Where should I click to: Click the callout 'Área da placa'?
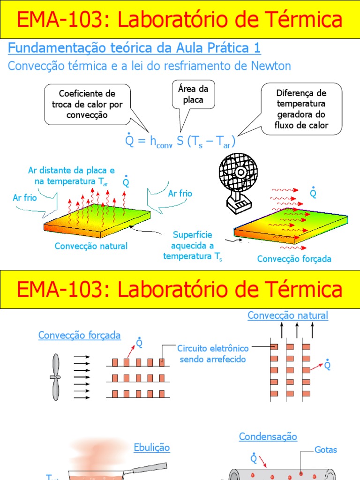[x=194, y=94]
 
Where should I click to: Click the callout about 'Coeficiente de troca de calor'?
[x=87, y=104]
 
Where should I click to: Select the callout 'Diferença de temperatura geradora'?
[x=301, y=109]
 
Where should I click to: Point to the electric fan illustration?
[x=237, y=180]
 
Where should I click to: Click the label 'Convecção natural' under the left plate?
[x=91, y=246]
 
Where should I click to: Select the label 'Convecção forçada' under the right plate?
[x=294, y=259]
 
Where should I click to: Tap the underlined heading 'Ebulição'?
[x=151, y=448]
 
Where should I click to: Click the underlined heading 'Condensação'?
[x=268, y=437]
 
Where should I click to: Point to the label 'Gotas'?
[x=326, y=450]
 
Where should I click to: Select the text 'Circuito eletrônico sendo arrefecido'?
[x=213, y=354]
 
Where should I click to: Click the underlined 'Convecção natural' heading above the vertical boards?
[x=288, y=315]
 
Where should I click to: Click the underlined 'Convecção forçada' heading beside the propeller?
[x=80, y=335]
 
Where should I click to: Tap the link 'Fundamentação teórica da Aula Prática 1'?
[x=135, y=48]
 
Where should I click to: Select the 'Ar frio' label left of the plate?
[x=25, y=198]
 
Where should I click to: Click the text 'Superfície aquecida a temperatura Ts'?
[x=193, y=245]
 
